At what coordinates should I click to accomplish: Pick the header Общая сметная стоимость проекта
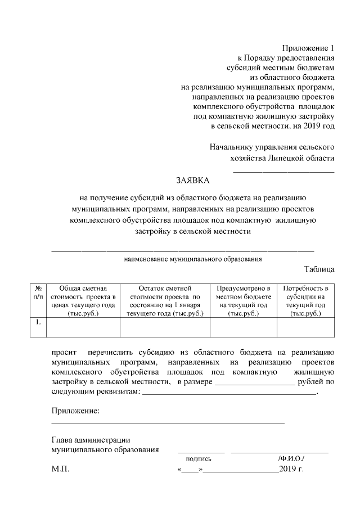coord(83,300)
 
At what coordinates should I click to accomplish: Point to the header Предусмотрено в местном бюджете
coord(244,300)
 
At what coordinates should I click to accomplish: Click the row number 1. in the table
coord(37,322)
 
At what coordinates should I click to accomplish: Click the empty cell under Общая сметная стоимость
coord(83,327)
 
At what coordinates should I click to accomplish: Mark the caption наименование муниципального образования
coord(193,259)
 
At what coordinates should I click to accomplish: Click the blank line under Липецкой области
coord(283,170)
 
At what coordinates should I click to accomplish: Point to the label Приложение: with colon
coord(75,411)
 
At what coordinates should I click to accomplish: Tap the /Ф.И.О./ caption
coord(291,459)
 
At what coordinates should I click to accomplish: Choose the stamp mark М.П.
coord(60,469)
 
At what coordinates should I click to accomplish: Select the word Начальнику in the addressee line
coord(231,147)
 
